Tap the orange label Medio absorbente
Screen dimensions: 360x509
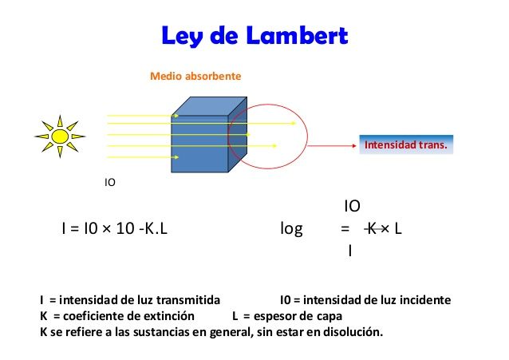click(x=195, y=76)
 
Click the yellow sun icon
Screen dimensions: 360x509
click(x=59, y=136)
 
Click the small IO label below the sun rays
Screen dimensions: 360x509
click(x=110, y=183)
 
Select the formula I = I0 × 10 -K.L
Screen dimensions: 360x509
click(x=114, y=229)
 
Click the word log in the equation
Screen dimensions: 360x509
click(x=292, y=229)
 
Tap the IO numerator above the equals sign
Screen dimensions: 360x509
click(x=351, y=207)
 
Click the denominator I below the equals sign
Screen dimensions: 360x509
click(x=350, y=251)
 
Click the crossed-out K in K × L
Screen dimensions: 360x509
click(x=372, y=229)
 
